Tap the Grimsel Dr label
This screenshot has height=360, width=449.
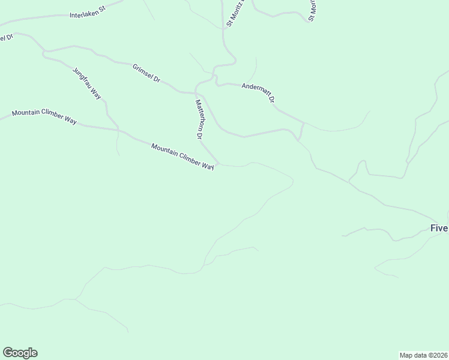pyautogui.click(x=146, y=72)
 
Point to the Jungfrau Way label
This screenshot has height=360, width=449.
pyautogui.click(x=87, y=83)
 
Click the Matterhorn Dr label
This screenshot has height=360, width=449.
pyautogui.click(x=197, y=119)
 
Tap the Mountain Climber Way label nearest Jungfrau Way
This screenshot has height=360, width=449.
pyautogui.click(x=44, y=116)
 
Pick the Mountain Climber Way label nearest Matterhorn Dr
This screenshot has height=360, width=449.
pyautogui.click(x=182, y=157)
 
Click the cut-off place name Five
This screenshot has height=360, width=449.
pyautogui.click(x=439, y=228)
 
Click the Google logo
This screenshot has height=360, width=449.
pyautogui.click(x=20, y=353)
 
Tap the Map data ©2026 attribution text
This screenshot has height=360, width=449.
pyautogui.click(x=423, y=355)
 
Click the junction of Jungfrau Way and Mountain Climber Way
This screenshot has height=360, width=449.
pyautogui.click(x=118, y=130)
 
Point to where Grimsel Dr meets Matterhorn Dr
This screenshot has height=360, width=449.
pyautogui.click(x=197, y=94)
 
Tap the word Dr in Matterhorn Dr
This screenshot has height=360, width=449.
pyautogui.click(x=198, y=135)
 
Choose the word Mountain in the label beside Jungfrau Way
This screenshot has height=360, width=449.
pyautogui.click(x=26, y=113)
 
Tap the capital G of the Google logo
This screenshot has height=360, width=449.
pyautogui.click(x=8, y=352)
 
